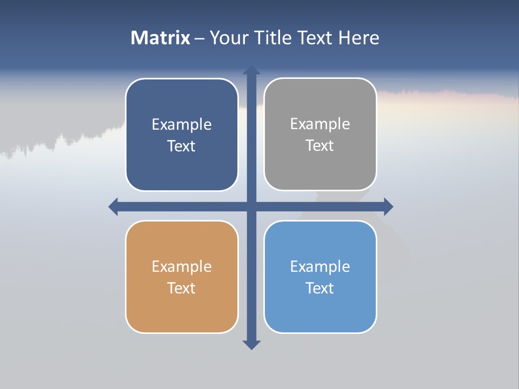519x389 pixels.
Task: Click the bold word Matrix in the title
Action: pyautogui.click(x=161, y=38)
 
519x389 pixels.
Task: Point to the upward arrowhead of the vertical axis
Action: pyautogui.click(x=251, y=70)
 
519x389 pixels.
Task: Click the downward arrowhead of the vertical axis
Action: pyautogui.click(x=251, y=345)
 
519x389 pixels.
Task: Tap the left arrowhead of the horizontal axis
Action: pyautogui.click(x=114, y=206)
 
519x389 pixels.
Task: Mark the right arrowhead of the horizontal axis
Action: pyautogui.click(x=388, y=206)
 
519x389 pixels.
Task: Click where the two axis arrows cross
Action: pyautogui.click(x=251, y=206)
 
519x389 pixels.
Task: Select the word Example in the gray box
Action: pyautogui.click(x=320, y=124)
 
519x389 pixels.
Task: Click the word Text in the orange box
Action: pyautogui.click(x=182, y=288)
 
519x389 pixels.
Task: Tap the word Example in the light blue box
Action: pyautogui.click(x=320, y=266)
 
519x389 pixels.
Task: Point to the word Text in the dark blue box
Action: pyautogui.click(x=182, y=146)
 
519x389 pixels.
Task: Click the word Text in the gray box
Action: pyautogui.click(x=320, y=145)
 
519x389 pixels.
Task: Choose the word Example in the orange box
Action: pyautogui.click(x=182, y=266)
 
